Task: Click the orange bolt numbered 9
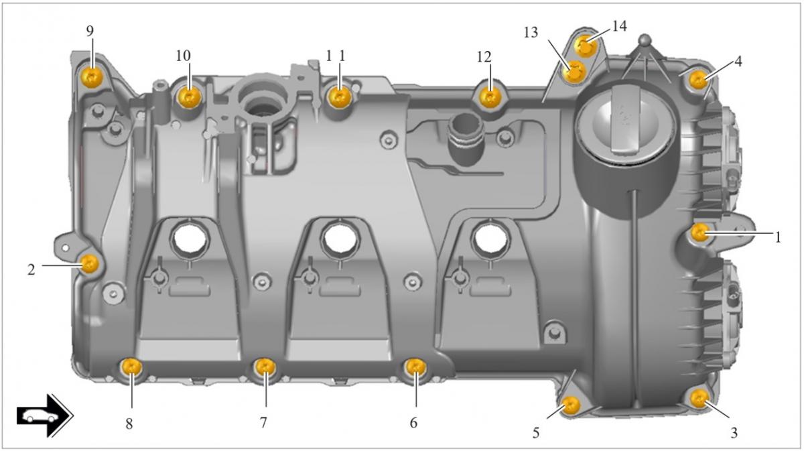(91, 77)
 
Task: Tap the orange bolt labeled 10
(190, 98)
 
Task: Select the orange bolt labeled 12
(491, 98)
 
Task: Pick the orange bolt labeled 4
(698, 80)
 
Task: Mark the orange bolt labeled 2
(90, 263)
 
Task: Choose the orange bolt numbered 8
(131, 367)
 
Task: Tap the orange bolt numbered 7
(266, 367)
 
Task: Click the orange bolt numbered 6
(415, 367)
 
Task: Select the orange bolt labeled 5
(570, 404)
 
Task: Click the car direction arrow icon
(44, 415)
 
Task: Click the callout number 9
(90, 31)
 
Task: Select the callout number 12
(484, 57)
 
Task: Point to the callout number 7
(263, 422)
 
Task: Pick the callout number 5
(535, 433)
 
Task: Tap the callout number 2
(31, 269)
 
